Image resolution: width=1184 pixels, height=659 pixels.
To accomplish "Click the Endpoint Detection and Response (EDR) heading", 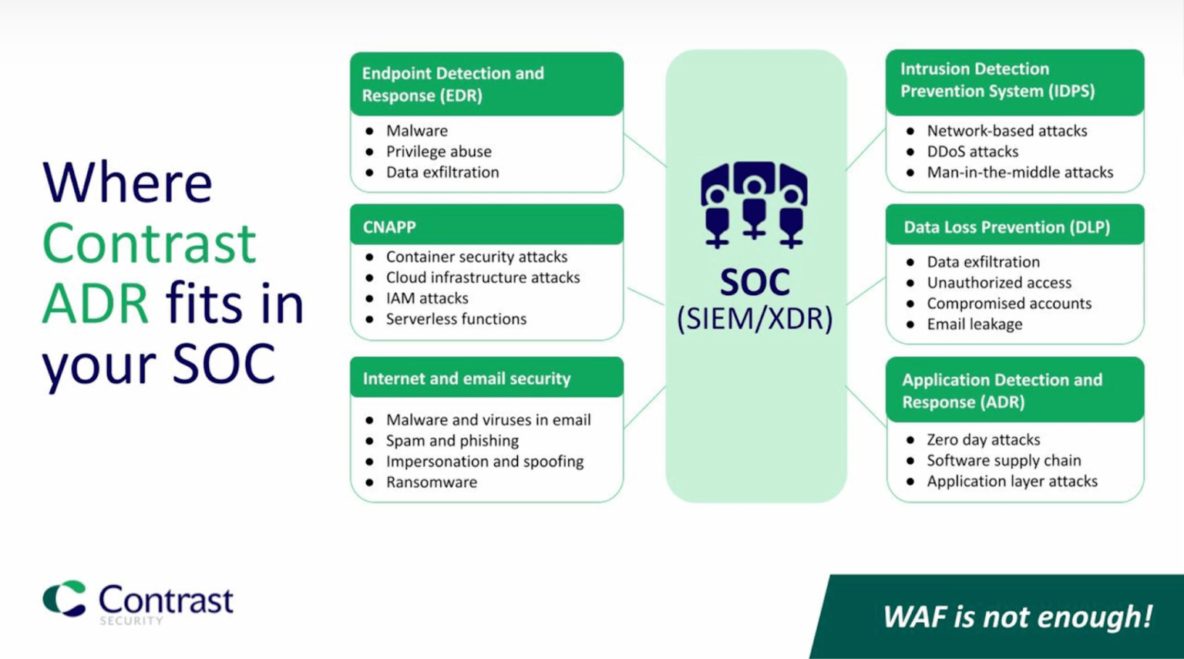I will pos(453,84).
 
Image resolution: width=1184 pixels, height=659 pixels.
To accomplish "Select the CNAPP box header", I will pos(389,227).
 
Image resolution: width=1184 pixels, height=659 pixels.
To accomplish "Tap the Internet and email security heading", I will pos(466,378).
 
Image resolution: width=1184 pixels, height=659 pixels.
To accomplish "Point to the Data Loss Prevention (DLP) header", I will pos(1007,227).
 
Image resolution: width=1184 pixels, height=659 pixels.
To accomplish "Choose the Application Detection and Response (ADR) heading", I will pos(1001,391).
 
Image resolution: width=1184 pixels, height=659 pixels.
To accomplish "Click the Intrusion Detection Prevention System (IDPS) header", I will pos(997,80).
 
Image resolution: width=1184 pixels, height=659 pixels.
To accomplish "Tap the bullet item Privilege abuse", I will pos(438,152).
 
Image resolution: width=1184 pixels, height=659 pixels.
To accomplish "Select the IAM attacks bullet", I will pos(426,298).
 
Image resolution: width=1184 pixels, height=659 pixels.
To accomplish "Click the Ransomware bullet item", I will pos(431,482).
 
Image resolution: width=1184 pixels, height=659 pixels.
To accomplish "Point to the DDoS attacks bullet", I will pos(972,152).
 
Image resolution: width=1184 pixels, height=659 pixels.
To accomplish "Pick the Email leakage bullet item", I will pos(974,324).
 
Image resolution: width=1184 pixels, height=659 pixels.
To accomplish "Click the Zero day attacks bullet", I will pos(983,440).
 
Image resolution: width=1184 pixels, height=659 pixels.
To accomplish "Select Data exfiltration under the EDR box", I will pos(442,173).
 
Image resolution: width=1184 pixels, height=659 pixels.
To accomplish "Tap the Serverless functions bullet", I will pos(456,319).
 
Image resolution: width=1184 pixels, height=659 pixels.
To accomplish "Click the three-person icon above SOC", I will pos(754,204).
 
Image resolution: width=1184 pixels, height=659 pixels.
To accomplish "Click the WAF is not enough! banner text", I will pos(1017,617).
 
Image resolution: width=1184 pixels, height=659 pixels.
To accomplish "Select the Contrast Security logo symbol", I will pos(65,598).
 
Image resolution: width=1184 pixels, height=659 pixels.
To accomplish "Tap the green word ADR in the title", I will pos(95,303).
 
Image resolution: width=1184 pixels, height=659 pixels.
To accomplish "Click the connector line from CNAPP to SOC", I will pos(645,296).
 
